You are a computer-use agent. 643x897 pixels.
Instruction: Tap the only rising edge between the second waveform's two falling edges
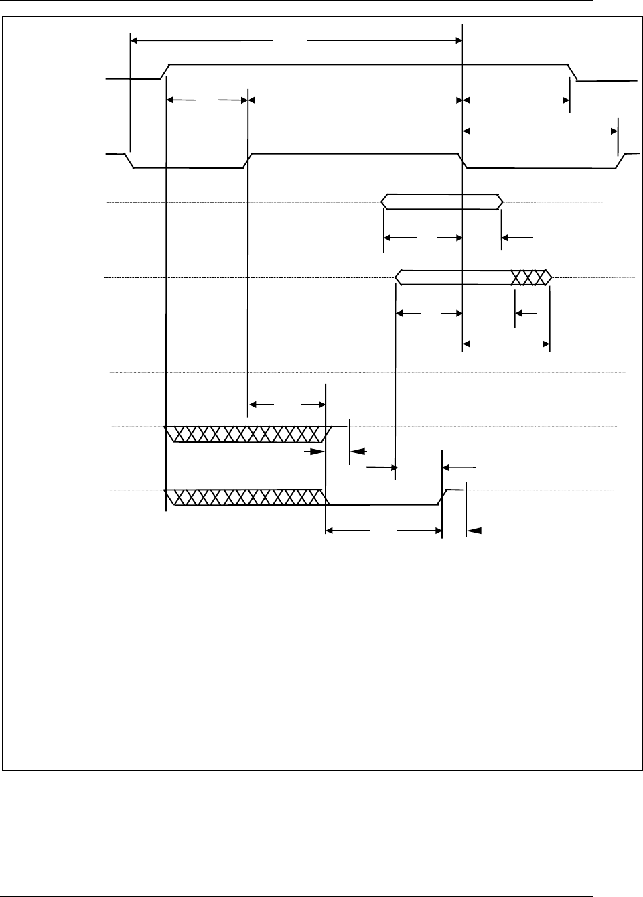(x=247, y=161)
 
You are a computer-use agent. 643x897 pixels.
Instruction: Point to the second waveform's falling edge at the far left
(x=130, y=161)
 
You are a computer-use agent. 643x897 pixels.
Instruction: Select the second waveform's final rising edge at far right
(x=622, y=161)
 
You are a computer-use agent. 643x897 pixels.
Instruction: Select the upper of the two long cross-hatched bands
(x=248, y=434)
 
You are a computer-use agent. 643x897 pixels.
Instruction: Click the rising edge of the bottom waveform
(x=443, y=497)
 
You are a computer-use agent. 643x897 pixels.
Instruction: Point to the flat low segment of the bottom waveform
(x=382, y=504)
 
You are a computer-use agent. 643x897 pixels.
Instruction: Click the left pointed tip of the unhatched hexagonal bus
(x=382, y=201)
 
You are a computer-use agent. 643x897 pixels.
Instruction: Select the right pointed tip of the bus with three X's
(x=551, y=277)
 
